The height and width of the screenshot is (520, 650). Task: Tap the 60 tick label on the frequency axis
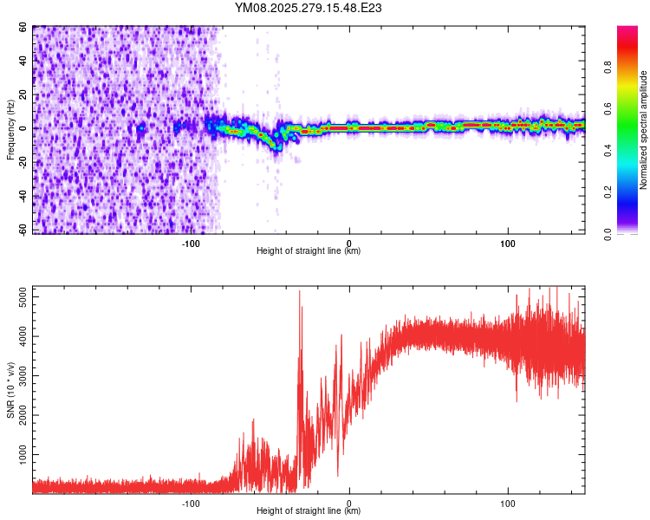23,28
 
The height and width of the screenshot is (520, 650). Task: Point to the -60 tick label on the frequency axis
22,230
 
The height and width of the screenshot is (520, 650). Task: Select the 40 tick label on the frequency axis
23,62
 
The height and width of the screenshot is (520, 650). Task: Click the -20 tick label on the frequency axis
22,162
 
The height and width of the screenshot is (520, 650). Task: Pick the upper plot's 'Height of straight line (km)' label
309,250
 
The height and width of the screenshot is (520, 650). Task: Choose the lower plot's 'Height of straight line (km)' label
309,510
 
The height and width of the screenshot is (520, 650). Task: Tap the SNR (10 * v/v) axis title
10,390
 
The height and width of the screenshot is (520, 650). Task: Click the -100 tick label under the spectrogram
191,243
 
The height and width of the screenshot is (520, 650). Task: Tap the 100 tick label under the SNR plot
508,503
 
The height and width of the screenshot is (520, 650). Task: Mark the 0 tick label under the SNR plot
349,503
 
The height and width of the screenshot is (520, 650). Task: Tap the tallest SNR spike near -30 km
300,292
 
